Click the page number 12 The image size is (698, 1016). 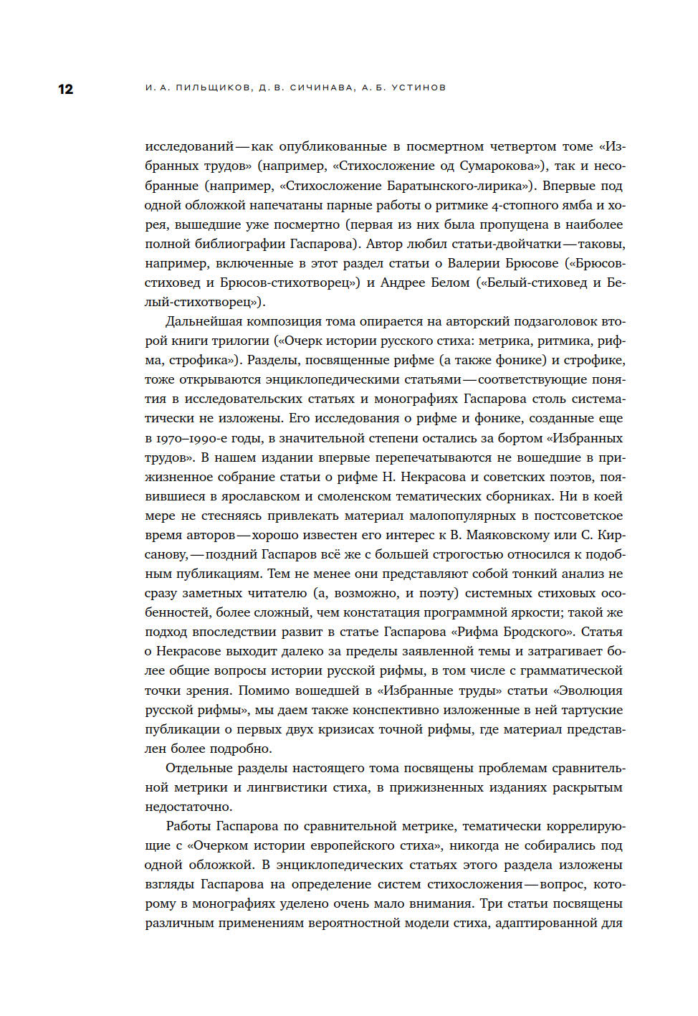tap(65, 89)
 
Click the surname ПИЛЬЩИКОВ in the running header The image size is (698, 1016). tap(214, 87)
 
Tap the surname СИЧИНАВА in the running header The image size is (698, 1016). tap(322, 87)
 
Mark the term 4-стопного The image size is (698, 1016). tap(489, 205)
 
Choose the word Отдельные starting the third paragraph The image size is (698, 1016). tap(200, 768)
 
